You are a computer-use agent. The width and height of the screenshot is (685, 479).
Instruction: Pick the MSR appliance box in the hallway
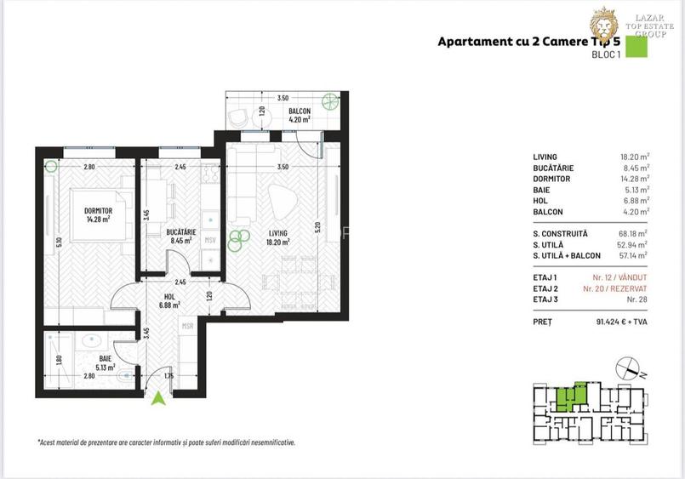coord(187,326)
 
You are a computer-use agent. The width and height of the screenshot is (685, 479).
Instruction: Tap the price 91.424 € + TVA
coord(619,322)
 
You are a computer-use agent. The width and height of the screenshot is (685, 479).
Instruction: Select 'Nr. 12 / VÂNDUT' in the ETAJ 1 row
coord(619,277)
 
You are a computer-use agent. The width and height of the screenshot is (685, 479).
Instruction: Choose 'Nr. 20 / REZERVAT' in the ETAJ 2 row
coord(616,288)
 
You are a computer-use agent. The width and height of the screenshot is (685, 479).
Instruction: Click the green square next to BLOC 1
coord(636,47)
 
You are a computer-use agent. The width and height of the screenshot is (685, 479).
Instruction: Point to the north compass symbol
coord(631,368)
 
